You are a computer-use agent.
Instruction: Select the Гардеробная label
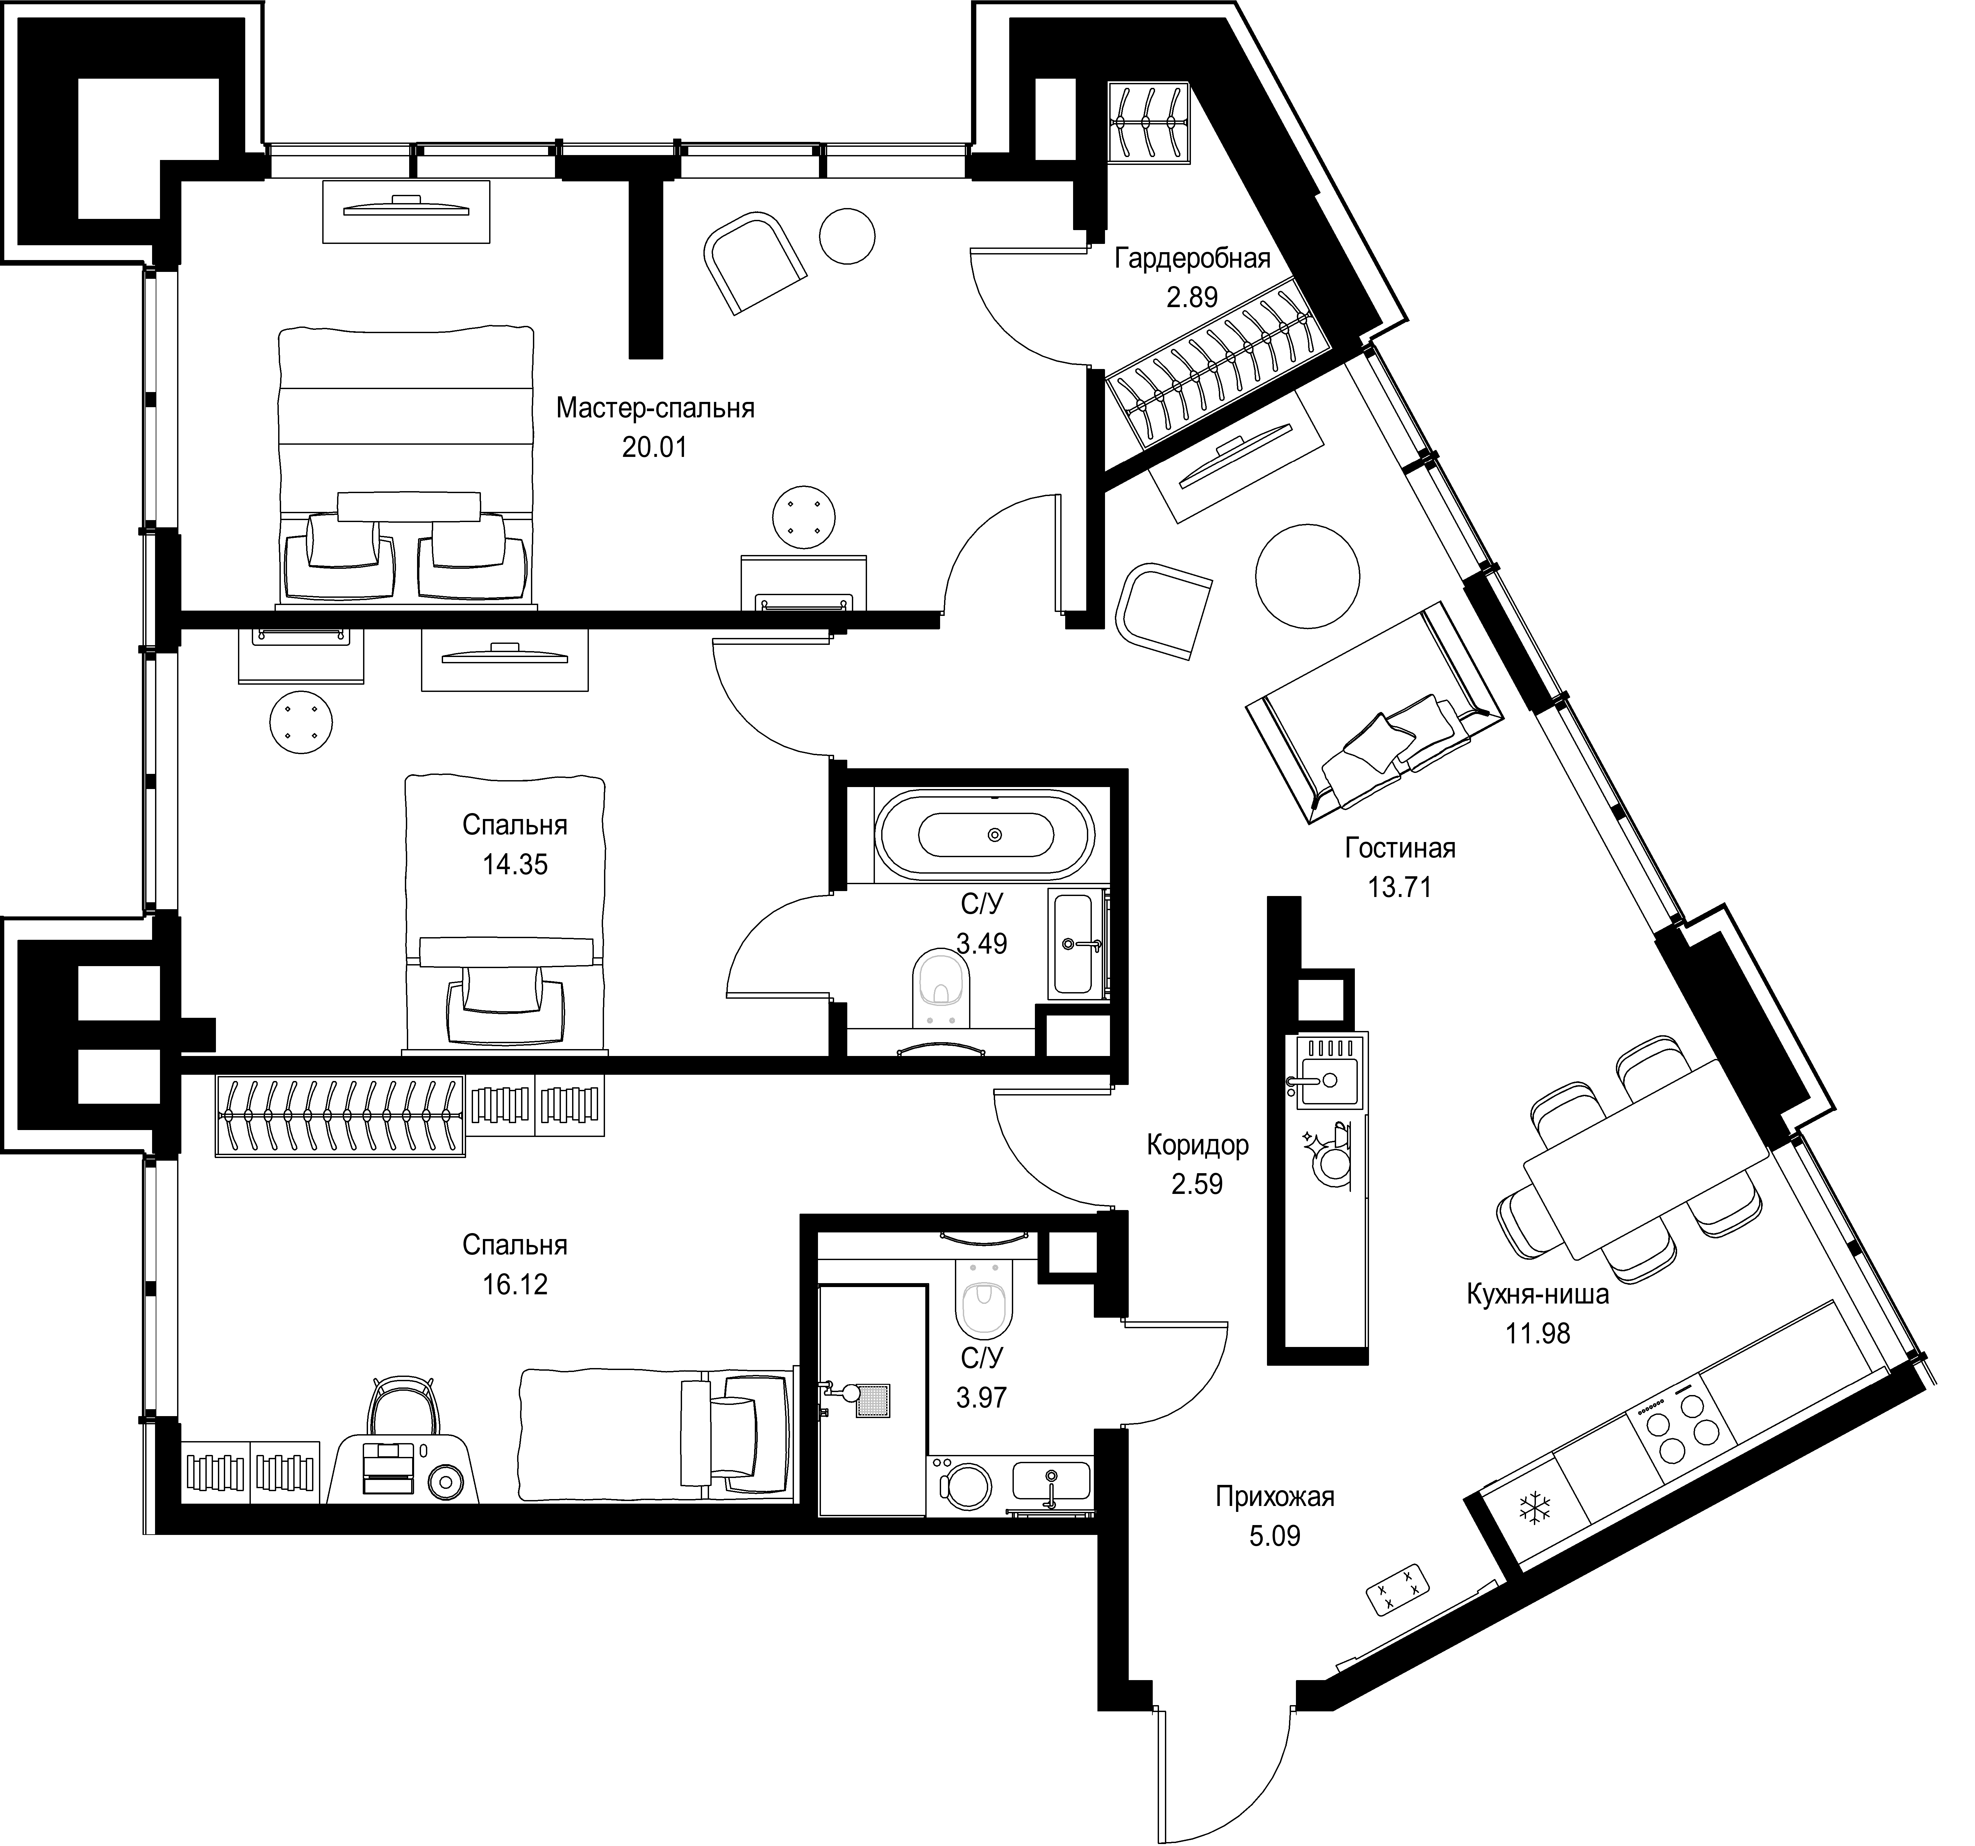[1192, 259]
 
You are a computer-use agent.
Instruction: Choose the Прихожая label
[1275, 1496]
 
